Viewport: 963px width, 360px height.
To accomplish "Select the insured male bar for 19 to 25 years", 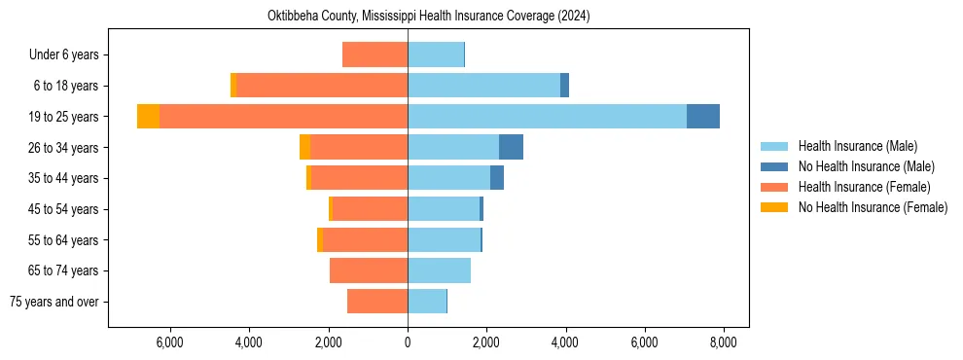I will tap(547, 117).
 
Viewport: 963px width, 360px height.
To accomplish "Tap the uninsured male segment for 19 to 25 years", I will tap(703, 117).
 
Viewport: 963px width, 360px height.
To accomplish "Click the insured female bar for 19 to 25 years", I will tap(283, 117).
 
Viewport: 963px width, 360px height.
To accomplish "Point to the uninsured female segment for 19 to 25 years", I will tap(148, 117).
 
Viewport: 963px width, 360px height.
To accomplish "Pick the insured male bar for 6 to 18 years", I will tap(483, 86).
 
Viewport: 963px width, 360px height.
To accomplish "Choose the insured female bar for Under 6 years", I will tap(374, 55).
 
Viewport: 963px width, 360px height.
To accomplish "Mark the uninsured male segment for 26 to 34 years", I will tap(511, 147).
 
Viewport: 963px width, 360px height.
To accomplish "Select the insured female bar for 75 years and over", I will tap(377, 302).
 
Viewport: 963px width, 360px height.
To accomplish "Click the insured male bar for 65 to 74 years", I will tap(439, 270).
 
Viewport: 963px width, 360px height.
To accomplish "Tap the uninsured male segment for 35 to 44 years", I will tap(497, 178).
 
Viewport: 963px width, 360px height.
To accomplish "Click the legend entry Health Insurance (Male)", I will tap(857, 146).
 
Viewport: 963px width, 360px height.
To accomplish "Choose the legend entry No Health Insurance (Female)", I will tap(872, 207).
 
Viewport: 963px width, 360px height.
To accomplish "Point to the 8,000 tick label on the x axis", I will tap(723, 342).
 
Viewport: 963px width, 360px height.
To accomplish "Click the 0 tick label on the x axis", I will tap(408, 342).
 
